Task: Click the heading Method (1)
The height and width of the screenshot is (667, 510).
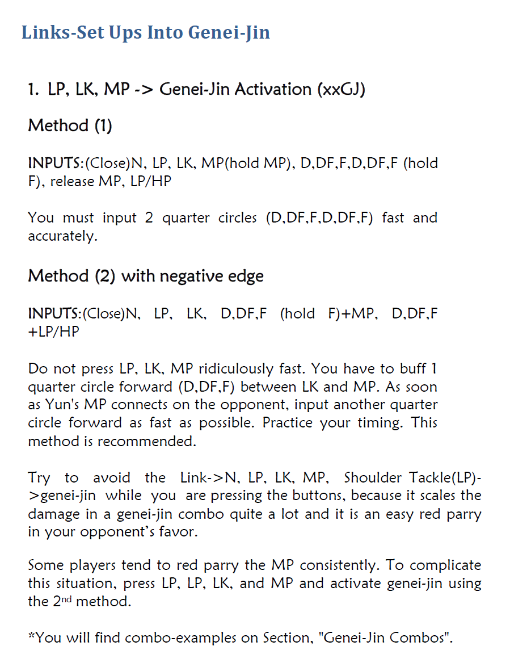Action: (70, 125)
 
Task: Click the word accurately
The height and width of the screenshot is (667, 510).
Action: (62, 236)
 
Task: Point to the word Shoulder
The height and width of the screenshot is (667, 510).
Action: (367, 477)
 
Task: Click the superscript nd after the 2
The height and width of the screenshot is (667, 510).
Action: (65, 599)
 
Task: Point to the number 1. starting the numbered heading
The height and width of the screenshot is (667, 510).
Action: (33, 89)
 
